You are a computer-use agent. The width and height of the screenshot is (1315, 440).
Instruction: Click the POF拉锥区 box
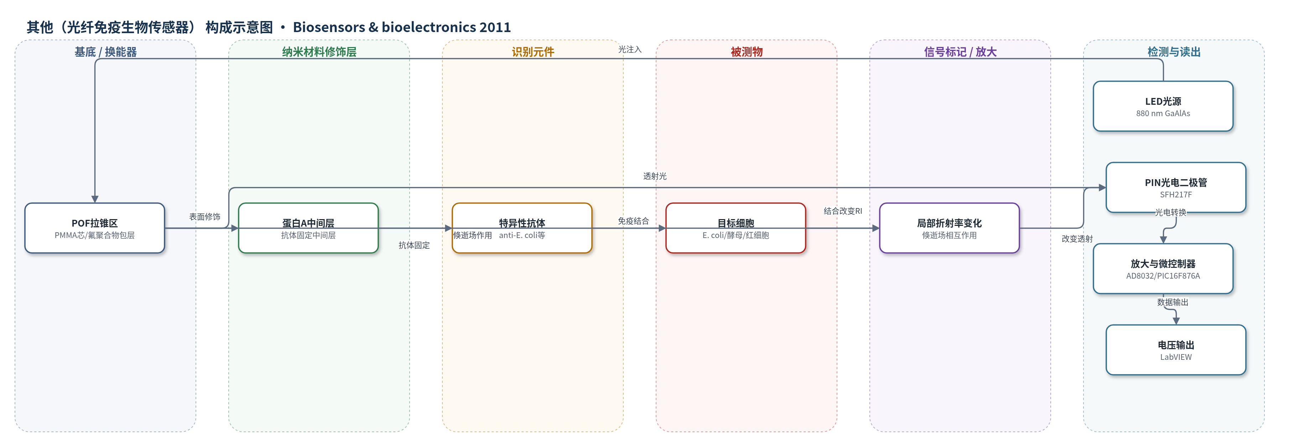coord(94,228)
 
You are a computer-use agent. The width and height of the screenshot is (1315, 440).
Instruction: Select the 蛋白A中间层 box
coord(308,228)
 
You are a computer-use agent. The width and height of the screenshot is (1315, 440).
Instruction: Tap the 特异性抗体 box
coord(522,228)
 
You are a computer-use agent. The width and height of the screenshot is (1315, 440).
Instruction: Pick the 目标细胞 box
coord(736,228)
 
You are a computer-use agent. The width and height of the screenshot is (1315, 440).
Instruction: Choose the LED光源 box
coord(1163,106)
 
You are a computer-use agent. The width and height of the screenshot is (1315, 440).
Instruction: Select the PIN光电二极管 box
coord(1176,187)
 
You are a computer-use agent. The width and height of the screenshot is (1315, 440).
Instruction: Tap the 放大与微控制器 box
coord(1163,269)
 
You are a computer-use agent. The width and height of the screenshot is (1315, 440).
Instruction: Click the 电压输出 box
coord(1176,350)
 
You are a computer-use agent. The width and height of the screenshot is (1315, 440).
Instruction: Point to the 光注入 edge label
coord(629,50)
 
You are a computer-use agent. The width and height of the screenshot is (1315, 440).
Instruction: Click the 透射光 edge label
coord(654,176)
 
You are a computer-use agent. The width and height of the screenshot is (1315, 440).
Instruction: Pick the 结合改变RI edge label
coord(843,211)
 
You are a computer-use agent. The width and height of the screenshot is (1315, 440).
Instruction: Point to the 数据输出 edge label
coord(1173,302)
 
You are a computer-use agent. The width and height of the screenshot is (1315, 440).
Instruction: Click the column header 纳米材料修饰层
coord(319,52)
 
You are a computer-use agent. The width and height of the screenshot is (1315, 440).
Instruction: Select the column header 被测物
coord(746,52)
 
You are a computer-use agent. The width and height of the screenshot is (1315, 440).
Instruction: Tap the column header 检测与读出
coord(1174,52)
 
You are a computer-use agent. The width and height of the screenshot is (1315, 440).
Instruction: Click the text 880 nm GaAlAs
coord(1163,113)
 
